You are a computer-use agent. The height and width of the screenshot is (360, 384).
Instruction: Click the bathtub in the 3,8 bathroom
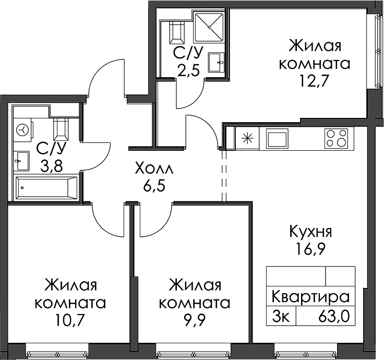pyautogui.click(x=46, y=188)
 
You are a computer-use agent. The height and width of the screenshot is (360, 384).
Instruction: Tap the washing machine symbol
pyautogui.click(x=23, y=129)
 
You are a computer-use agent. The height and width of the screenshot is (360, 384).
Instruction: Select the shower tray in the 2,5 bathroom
pyautogui.click(x=209, y=27)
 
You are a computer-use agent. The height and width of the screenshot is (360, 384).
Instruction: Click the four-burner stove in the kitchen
pyautogui.click(x=336, y=138)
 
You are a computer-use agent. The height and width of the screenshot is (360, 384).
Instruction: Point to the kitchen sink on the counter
pyautogui.click(x=277, y=138)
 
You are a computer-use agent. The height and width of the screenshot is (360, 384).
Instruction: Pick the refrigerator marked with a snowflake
pyautogui.click(x=247, y=138)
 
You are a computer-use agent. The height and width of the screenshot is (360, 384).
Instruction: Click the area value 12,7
pyautogui.click(x=315, y=80)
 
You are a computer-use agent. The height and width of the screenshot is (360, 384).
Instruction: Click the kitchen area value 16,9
pyautogui.click(x=310, y=249)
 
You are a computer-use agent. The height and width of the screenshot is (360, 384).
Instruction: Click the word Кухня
pyautogui.click(x=310, y=232)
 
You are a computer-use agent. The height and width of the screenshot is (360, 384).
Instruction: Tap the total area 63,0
pyautogui.click(x=333, y=317)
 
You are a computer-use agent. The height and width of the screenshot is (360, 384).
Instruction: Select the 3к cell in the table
pyautogui.click(x=281, y=318)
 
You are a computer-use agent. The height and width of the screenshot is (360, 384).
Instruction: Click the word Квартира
pyautogui.click(x=310, y=297)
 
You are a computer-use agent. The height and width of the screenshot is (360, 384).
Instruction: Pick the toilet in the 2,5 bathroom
pyautogui.click(x=176, y=32)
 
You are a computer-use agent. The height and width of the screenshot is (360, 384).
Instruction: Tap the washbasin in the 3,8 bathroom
pyautogui.click(x=22, y=161)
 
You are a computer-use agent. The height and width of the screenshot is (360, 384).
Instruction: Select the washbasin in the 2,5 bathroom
pyautogui.click(x=216, y=62)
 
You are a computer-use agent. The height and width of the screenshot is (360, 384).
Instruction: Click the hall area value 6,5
pyautogui.click(x=155, y=186)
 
